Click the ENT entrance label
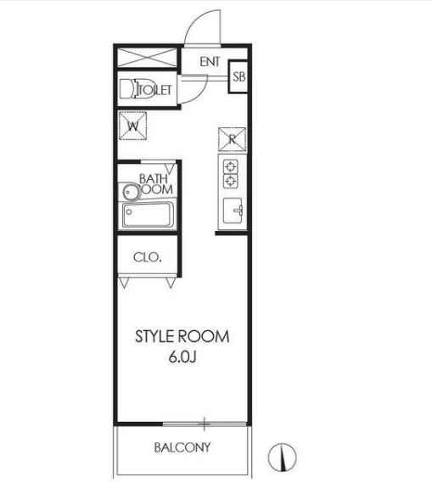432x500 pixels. [x=210, y=62]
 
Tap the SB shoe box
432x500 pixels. [x=238, y=76]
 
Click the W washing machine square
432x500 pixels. [x=132, y=126]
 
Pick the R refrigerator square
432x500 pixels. [x=232, y=139]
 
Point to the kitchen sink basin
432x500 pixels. [x=233, y=211]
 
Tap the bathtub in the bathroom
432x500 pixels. [x=149, y=215]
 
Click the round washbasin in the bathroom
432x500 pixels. [x=131, y=192]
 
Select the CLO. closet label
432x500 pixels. [x=148, y=257]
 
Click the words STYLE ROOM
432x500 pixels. [x=182, y=337]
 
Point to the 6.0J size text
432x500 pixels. [x=182, y=357]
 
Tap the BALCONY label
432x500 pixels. [x=182, y=447]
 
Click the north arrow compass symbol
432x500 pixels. [x=282, y=458]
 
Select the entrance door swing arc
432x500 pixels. [x=194, y=20]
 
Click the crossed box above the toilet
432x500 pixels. [x=148, y=58]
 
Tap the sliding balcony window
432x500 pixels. [x=205, y=424]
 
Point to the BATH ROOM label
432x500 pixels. [x=156, y=184]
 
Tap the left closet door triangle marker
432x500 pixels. [x=124, y=283]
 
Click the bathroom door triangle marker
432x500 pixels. [x=171, y=168]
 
